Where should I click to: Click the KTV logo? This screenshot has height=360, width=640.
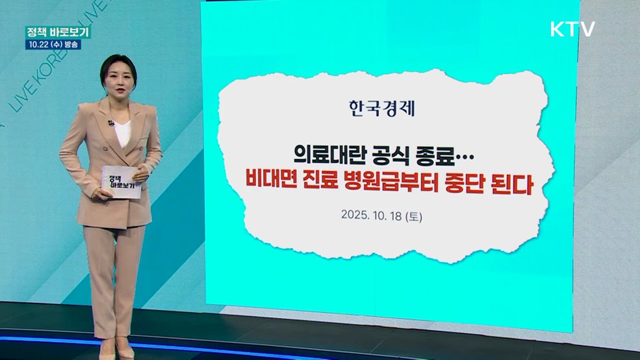point(572,29)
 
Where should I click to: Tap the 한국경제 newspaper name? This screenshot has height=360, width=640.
point(381,107)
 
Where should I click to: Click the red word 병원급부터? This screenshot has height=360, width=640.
point(402,185)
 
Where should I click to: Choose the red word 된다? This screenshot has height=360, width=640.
point(515,185)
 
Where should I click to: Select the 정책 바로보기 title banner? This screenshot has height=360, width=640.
point(57,32)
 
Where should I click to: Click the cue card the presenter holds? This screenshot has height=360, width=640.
point(121,181)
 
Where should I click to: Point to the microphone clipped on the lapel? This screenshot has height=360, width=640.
point(111,123)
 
